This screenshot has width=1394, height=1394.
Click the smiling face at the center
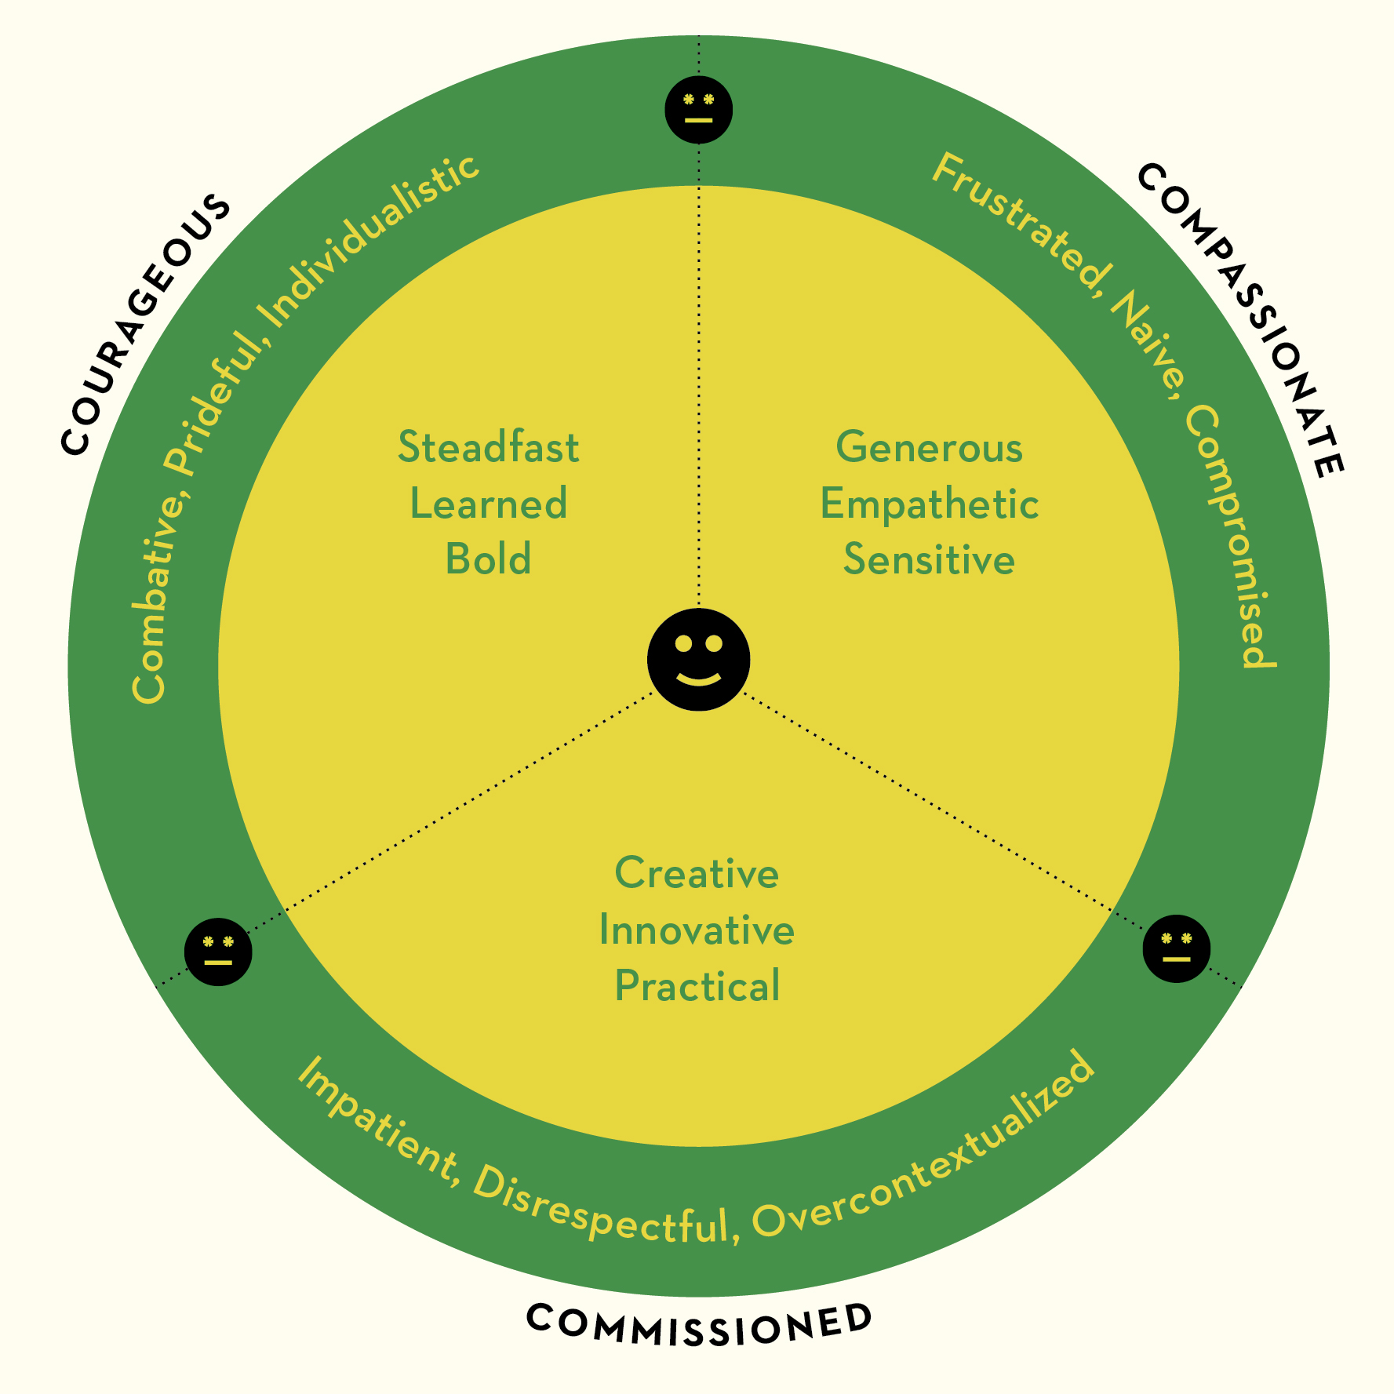(x=698, y=659)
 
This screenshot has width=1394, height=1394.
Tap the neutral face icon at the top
(x=698, y=110)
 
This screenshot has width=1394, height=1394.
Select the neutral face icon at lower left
(x=218, y=951)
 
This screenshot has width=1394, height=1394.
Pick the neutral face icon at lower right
(x=1176, y=948)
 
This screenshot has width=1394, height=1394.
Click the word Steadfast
(x=488, y=447)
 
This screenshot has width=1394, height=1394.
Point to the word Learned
(x=488, y=504)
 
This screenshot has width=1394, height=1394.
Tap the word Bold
(x=488, y=559)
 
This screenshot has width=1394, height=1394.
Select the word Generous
(x=929, y=447)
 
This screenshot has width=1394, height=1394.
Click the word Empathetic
(x=929, y=504)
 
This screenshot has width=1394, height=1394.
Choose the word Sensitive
(x=929, y=559)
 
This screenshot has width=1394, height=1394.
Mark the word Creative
(x=697, y=873)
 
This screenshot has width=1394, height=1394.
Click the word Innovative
(x=697, y=930)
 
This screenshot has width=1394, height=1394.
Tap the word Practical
(x=697, y=986)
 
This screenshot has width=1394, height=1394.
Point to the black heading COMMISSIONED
(x=698, y=1325)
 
